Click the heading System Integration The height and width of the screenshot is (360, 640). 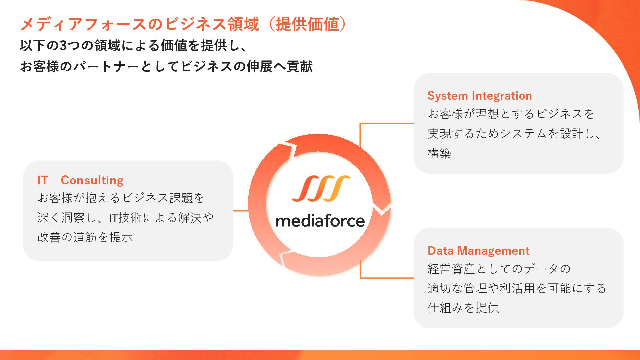point(479,96)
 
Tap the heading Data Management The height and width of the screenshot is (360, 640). point(478,251)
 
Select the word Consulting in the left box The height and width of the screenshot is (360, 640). point(92,180)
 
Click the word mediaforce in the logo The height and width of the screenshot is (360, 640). point(320,221)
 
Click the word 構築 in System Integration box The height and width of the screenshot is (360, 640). point(439,153)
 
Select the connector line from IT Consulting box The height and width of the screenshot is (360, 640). point(240,211)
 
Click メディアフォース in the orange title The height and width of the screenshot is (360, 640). point(83,24)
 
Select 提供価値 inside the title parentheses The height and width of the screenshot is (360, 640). point(307,24)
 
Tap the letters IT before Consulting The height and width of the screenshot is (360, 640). point(43,180)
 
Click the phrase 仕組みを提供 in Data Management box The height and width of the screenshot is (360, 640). point(463,308)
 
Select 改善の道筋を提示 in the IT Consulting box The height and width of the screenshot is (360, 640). point(85,237)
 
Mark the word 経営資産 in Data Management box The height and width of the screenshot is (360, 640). point(451,269)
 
